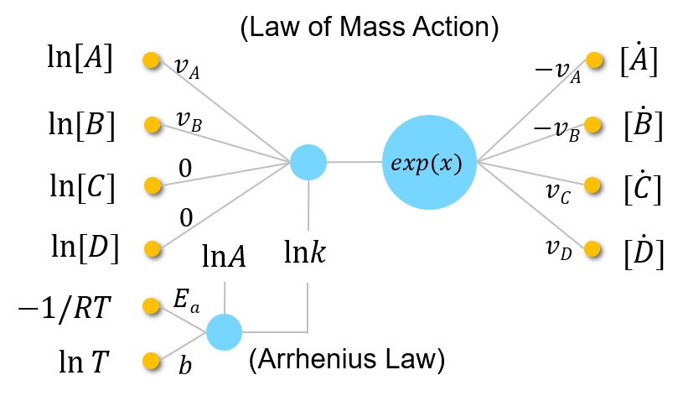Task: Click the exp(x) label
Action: coord(427,163)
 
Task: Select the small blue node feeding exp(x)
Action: coord(308,162)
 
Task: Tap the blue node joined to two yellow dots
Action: coord(224,332)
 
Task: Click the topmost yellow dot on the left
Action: coord(151,60)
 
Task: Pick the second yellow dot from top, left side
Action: coord(152,124)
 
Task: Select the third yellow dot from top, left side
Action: coord(152,185)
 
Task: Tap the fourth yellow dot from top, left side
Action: coord(152,248)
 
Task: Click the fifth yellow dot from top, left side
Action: coord(151,305)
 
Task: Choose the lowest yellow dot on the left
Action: coord(151,361)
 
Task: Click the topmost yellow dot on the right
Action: coord(594,60)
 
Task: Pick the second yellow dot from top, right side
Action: coord(592,124)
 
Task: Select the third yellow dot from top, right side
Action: coord(592,185)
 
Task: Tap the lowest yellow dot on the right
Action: coord(592,248)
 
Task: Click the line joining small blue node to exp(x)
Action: coord(354,162)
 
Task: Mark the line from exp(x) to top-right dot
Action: coord(536,110)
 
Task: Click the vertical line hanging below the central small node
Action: coord(308,205)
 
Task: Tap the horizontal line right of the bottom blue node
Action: coord(275,332)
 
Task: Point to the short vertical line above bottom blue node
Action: coord(225,297)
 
